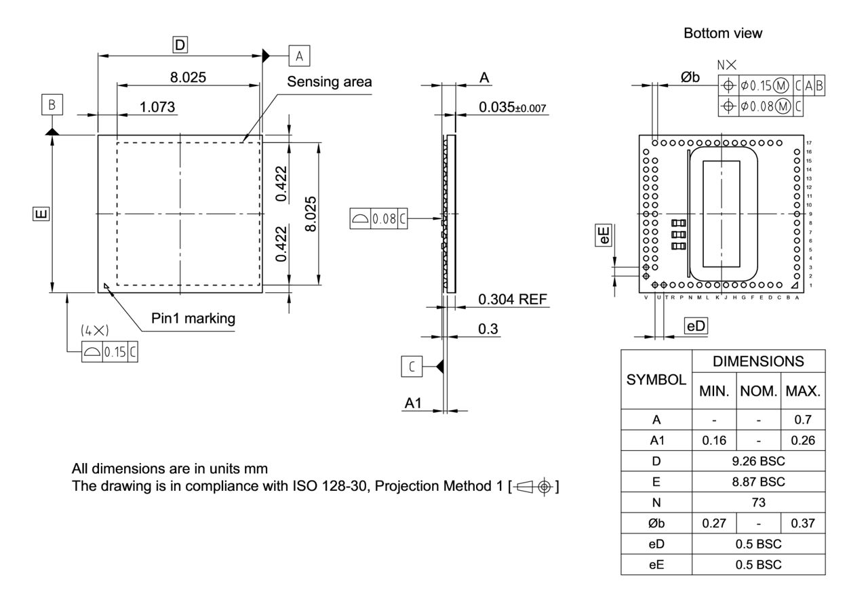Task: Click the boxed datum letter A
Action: click(x=299, y=56)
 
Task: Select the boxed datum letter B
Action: click(x=52, y=105)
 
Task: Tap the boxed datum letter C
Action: click(x=412, y=366)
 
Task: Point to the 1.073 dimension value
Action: click(x=157, y=107)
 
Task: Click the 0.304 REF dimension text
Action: click(x=512, y=299)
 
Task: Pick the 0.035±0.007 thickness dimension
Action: click(x=512, y=107)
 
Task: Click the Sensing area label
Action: click(x=330, y=82)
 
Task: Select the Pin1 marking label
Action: click(x=193, y=319)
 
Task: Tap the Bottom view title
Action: click(x=723, y=33)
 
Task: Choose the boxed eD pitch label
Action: click(x=696, y=326)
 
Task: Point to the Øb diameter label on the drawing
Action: click(x=690, y=77)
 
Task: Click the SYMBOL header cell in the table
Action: click(x=656, y=380)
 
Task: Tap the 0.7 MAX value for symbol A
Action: click(x=803, y=420)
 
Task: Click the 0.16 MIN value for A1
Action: click(x=713, y=441)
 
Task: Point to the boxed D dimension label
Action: click(x=180, y=45)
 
